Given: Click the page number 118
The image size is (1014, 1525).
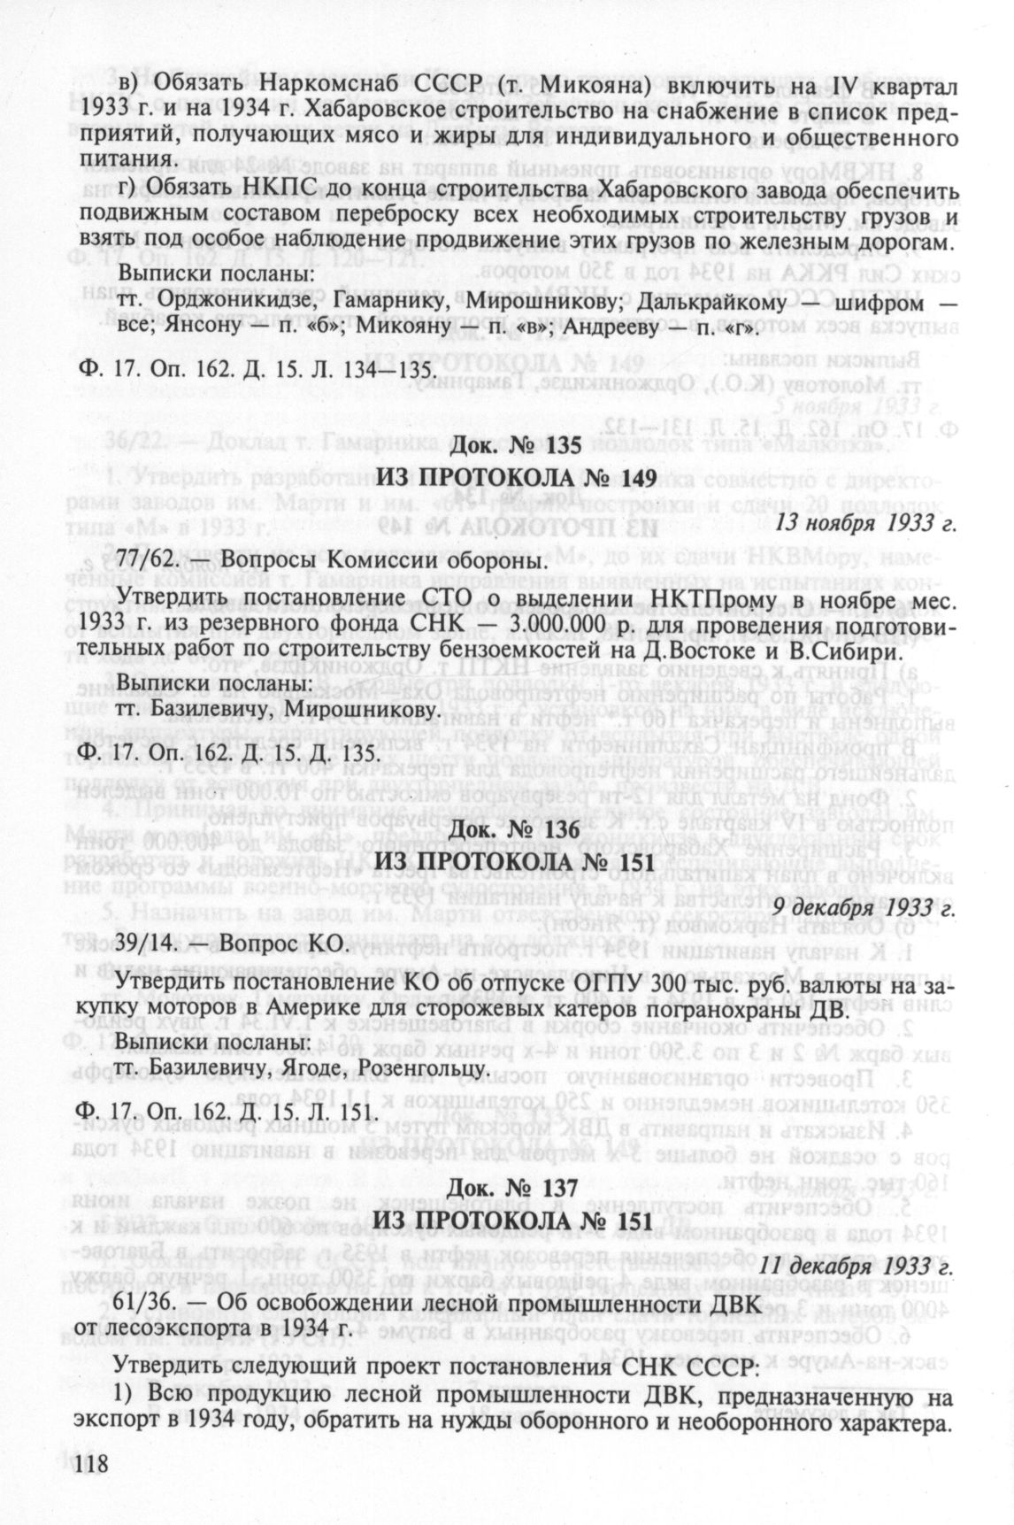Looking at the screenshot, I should pyautogui.click(x=92, y=1466).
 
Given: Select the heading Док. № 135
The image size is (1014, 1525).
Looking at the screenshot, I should pyautogui.click(x=516, y=446).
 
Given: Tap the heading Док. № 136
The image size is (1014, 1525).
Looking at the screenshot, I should pyautogui.click(x=516, y=830).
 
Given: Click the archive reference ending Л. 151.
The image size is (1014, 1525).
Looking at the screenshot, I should pyautogui.click(x=222, y=1112).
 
